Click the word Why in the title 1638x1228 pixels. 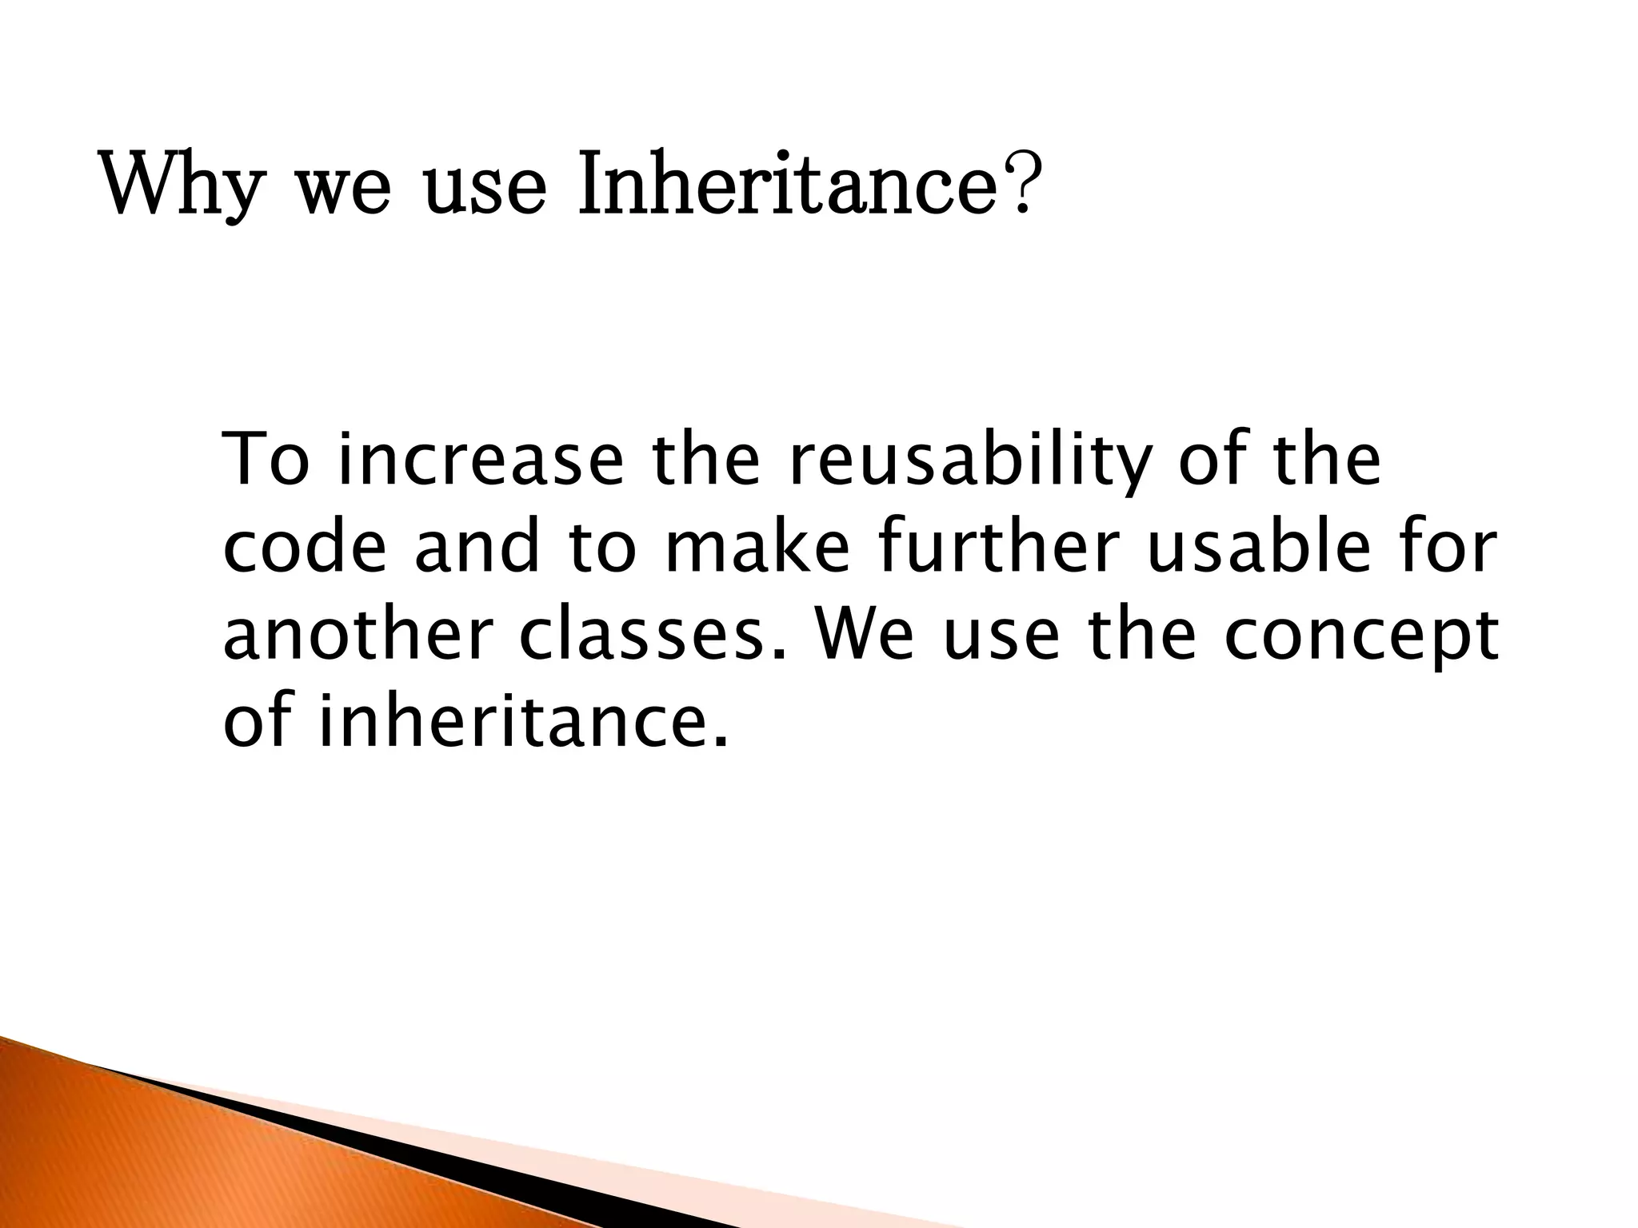pos(182,185)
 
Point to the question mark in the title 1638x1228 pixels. pos(1019,185)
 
